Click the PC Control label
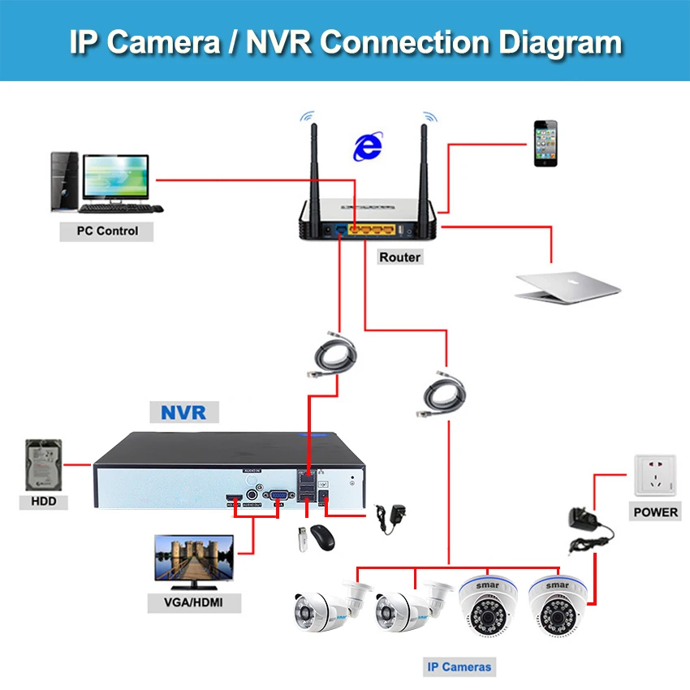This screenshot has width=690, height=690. (107, 231)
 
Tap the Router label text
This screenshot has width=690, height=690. (399, 257)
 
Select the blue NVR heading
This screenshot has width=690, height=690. (183, 412)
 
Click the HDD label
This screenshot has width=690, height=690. (43, 502)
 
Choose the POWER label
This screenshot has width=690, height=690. (656, 511)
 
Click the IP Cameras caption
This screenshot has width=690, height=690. (459, 667)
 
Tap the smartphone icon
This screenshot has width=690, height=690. (546, 144)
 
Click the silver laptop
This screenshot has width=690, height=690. (567, 283)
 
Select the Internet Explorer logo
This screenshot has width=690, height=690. (368, 146)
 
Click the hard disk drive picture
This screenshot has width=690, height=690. (45, 465)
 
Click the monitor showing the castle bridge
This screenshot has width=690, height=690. (194, 561)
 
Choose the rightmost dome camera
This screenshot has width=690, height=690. (558, 605)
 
